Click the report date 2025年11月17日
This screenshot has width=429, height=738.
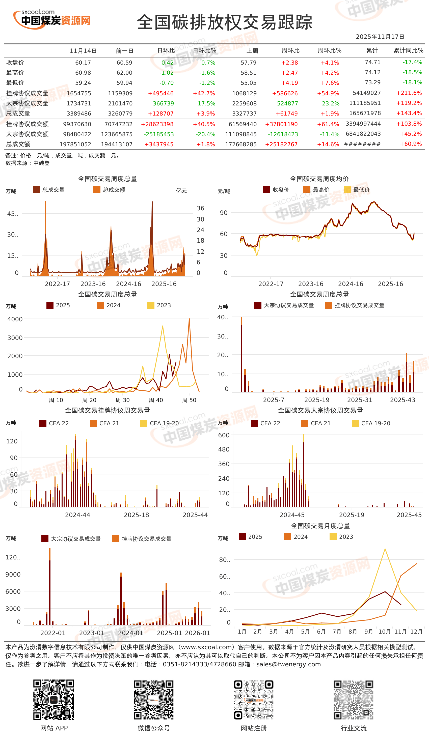pyautogui.click(x=380, y=37)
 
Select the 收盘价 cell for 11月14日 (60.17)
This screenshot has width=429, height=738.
pyautogui.click(x=83, y=63)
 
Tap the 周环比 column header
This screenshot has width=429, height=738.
pyautogui.click(x=290, y=50)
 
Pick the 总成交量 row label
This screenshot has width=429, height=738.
pyautogui.click(x=18, y=114)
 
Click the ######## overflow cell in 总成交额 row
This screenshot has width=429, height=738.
pyautogui.click(x=362, y=144)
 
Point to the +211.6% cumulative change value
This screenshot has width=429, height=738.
pyautogui.click(x=409, y=93)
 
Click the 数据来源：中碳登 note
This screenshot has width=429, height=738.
pyautogui.click(x=28, y=163)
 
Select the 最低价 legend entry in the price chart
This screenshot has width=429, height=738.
pyautogui.click(x=357, y=190)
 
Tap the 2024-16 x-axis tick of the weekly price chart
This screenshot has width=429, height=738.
pyautogui.click(x=351, y=284)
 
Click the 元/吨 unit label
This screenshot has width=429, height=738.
pyautogui.click(x=224, y=191)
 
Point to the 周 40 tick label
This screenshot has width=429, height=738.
pyautogui.click(x=156, y=400)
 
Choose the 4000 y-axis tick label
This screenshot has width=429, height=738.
pyautogui.click(x=15, y=319)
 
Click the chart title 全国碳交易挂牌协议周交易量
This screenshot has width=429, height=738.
pyautogui.click(x=107, y=410)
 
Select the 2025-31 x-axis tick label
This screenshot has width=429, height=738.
pyautogui.click(x=360, y=400)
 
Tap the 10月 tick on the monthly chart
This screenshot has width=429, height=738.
pyautogui.click(x=384, y=632)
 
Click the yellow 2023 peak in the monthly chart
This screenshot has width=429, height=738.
pyautogui.click(x=385, y=549)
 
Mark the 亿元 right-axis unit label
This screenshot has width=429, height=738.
pyautogui.click(x=181, y=191)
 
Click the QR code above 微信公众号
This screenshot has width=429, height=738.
pyautogui.click(x=153, y=700)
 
